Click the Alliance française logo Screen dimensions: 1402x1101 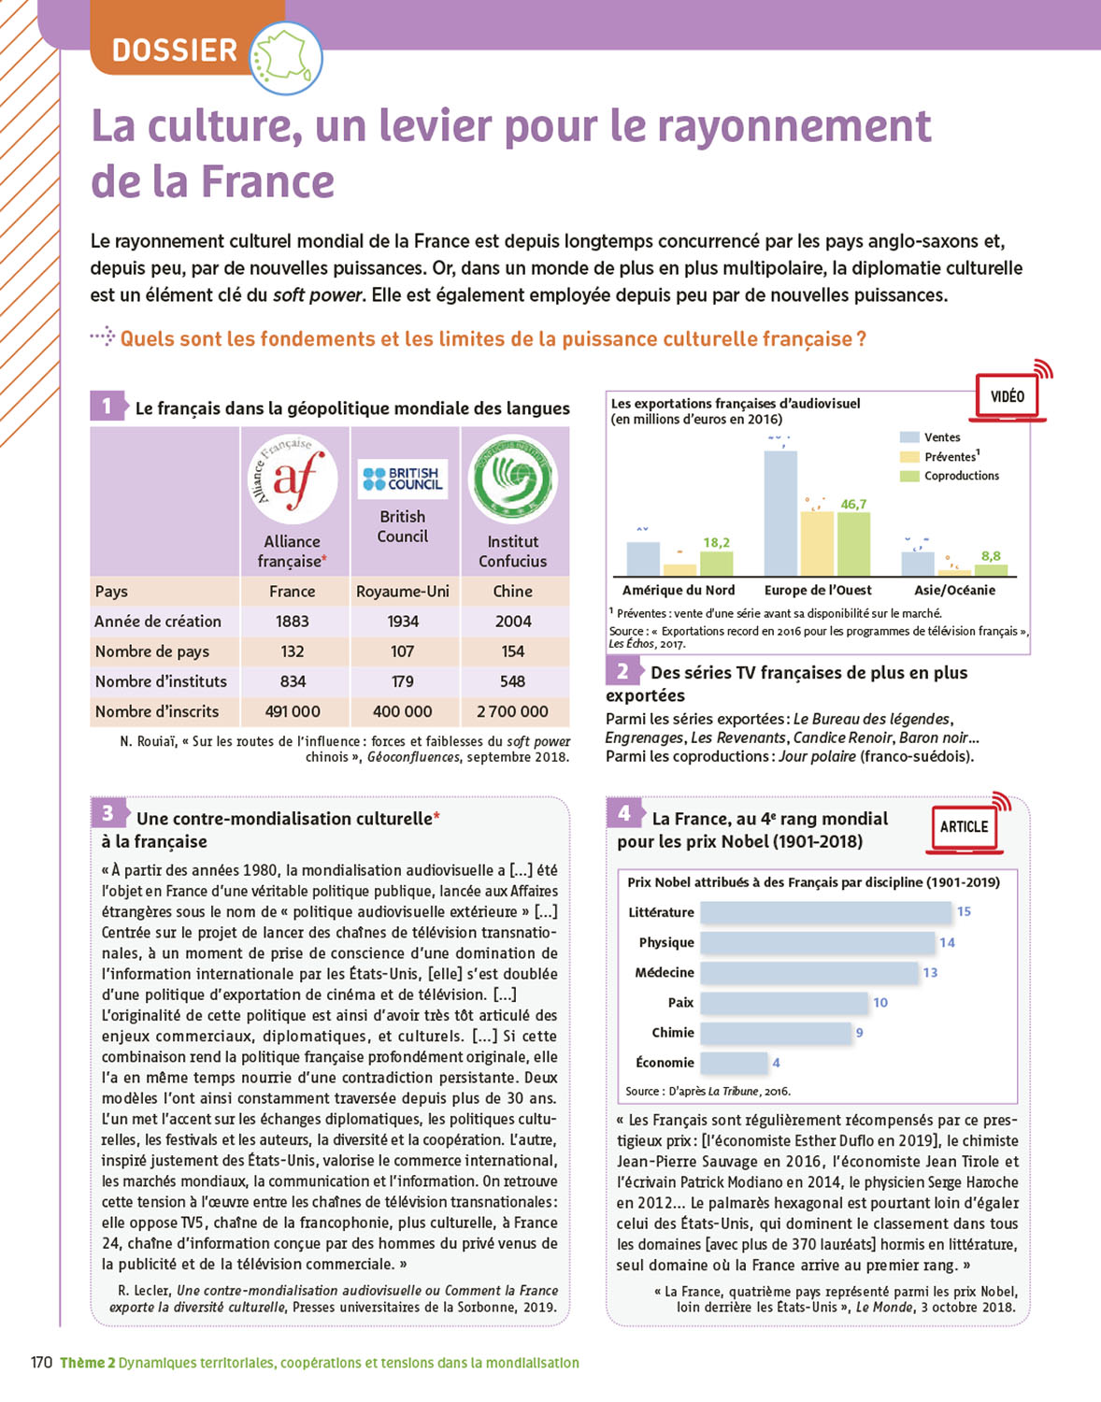tap(293, 479)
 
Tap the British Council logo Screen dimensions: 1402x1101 tap(403, 479)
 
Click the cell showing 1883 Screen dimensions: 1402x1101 tap(293, 622)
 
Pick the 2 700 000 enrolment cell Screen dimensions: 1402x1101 tap(512, 711)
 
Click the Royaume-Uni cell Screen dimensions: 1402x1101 tap(403, 592)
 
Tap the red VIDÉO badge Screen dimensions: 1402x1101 tap(1008, 396)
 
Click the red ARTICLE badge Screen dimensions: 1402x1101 tap(964, 827)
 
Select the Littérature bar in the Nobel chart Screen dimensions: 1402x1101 tap(825, 912)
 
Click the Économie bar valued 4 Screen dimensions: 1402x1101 tap(734, 1063)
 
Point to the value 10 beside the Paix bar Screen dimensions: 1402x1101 tap(880, 1003)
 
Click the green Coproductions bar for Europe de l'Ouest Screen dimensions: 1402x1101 tap(853, 544)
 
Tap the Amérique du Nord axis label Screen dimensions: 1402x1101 tap(679, 591)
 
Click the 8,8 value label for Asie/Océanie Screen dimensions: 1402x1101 tap(991, 556)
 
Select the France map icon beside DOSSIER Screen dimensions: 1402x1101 tap(285, 58)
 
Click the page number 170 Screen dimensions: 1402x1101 tap(41, 1363)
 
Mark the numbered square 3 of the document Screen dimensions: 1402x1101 tap(108, 813)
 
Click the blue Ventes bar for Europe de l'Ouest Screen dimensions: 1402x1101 tap(780, 513)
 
